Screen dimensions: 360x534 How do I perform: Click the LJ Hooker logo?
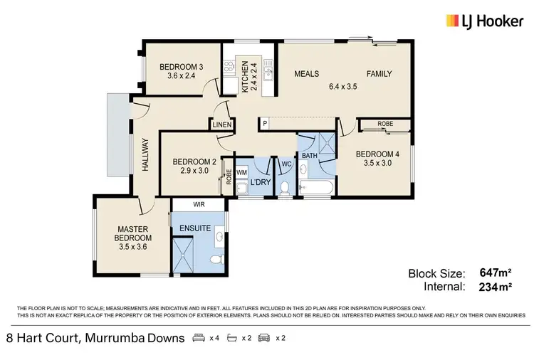pos(482,21)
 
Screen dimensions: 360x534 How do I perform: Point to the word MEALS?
pos(306,74)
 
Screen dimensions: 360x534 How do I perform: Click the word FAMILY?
pos(379,74)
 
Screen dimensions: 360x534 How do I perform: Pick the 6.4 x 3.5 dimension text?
pos(342,87)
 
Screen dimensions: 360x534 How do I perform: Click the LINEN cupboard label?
pos(221,125)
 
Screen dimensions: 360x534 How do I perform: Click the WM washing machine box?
pos(241,172)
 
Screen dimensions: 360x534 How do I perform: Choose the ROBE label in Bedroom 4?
pos(385,124)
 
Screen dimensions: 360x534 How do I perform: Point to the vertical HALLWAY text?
pos(145,154)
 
